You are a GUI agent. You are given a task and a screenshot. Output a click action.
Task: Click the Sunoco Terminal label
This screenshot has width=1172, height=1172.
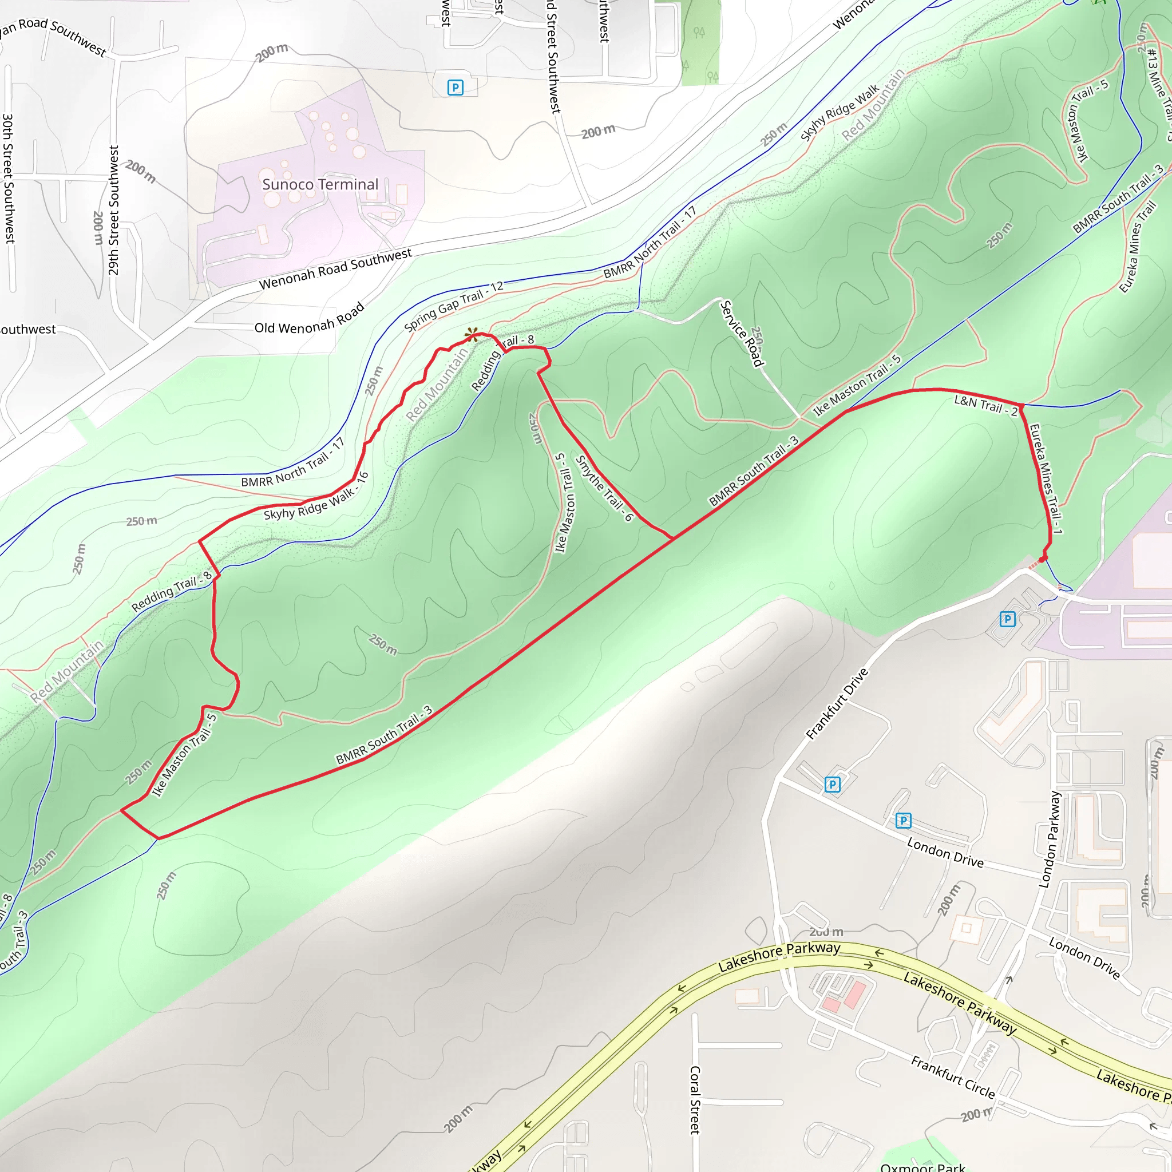tap(320, 184)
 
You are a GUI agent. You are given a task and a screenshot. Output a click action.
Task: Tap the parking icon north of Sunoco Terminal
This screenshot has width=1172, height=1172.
tap(455, 88)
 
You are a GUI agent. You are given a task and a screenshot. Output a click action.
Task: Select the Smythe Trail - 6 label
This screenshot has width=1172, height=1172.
tap(604, 488)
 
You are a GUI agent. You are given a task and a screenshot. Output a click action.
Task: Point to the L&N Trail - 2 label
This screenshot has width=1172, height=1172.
tap(986, 405)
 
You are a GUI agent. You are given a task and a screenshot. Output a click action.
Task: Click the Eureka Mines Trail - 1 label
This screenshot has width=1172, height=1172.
tap(1045, 478)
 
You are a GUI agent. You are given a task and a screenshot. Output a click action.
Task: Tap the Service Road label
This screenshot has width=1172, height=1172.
tap(741, 334)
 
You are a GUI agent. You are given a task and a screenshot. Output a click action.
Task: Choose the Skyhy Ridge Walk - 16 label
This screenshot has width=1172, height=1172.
tap(316, 497)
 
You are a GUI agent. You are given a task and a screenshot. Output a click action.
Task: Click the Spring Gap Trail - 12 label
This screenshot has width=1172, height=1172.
tap(453, 306)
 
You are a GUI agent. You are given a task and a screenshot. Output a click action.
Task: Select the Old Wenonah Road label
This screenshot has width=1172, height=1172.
tap(309, 319)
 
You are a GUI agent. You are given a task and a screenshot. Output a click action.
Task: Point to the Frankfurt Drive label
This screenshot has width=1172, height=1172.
tap(837, 704)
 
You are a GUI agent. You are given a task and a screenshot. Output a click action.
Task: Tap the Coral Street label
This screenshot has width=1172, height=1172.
tap(695, 1099)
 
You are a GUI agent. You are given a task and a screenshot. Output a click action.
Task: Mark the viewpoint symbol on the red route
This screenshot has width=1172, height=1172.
tap(472, 335)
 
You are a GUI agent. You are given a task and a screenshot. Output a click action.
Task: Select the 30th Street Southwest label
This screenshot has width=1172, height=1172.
tap(9, 179)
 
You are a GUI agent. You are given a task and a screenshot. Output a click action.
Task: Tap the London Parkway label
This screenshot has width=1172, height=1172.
tap(1050, 840)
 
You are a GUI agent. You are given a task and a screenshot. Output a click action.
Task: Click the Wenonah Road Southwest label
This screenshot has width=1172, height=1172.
tap(335, 269)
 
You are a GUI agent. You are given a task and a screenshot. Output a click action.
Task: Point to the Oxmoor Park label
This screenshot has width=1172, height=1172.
tap(922, 1166)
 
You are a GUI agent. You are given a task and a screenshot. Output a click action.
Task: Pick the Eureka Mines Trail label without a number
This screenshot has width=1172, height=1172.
tap(1137, 247)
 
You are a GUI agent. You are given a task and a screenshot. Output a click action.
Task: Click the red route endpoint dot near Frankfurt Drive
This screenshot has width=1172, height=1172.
tap(1043, 558)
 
